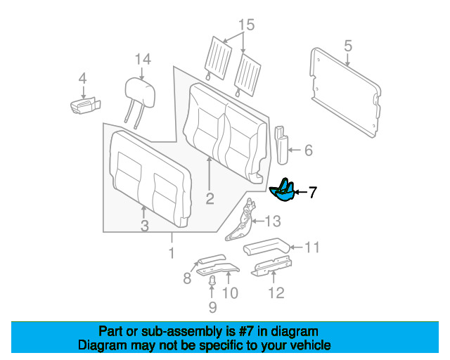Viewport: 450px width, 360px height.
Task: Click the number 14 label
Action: coord(143,59)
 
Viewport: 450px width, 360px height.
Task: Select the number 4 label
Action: coord(82,78)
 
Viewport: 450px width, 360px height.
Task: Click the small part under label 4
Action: coord(85,105)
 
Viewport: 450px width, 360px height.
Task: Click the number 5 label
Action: coord(347,47)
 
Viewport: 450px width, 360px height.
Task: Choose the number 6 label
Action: coord(308,150)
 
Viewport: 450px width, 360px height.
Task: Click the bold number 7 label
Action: coord(313,191)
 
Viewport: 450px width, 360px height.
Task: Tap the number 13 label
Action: coord(272,221)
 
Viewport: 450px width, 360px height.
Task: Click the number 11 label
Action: coord(312,247)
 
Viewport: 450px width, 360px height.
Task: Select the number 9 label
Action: coord(212,307)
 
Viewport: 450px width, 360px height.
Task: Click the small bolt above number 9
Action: coord(212,283)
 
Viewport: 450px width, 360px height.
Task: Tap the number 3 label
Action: coord(143,226)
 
